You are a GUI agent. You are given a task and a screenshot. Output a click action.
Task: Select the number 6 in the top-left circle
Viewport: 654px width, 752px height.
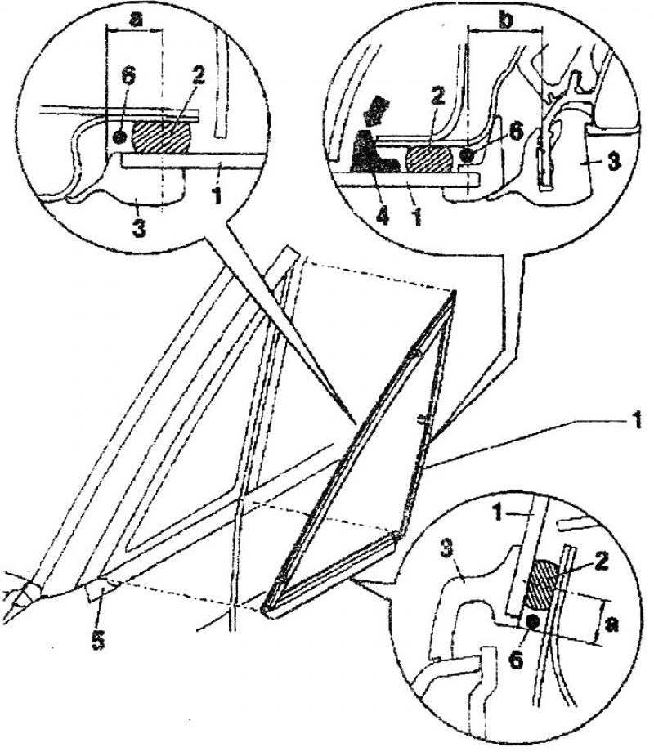pos(129,76)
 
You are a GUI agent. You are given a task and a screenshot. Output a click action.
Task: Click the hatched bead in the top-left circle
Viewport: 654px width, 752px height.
pos(163,137)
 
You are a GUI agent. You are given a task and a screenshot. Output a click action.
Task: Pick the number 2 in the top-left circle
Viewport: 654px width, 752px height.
pos(197,76)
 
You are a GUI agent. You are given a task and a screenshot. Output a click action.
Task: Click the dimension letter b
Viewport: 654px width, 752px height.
pos(506,20)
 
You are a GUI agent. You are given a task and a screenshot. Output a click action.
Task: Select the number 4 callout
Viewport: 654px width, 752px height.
pos(382,215)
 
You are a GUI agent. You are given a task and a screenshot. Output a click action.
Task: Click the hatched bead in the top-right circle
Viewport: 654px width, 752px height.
pos(429,159)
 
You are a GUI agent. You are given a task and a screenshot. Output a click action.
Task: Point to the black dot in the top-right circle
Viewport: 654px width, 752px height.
pos(465,154)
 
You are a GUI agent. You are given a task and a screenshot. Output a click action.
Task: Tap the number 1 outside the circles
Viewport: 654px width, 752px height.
pos(636,422)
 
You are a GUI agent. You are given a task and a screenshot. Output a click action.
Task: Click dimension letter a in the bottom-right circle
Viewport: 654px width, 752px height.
pos(611,624)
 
